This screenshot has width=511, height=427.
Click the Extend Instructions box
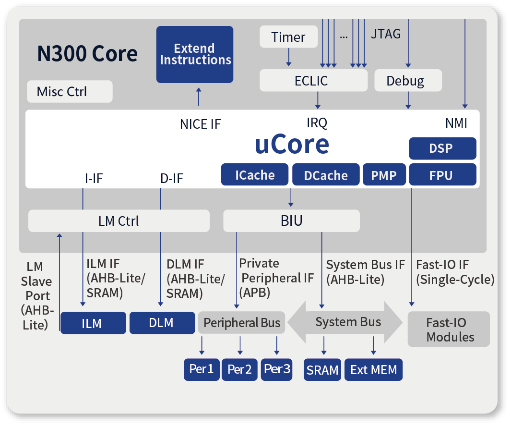point(194,54)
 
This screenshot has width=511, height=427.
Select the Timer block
point(288,37)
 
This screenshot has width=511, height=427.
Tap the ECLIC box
point(313,80)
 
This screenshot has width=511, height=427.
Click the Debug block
point(408,80)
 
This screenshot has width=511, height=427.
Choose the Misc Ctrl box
point(70,91)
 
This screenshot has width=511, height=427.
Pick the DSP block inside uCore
point(442,148)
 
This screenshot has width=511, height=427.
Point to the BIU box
point(291,221)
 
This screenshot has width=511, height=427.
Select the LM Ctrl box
point(119,221)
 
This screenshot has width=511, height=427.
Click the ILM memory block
point(93,323)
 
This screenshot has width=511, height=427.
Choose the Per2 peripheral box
point(239,369)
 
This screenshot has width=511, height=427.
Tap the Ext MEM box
point(373,369)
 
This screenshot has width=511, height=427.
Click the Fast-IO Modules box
point(449,329)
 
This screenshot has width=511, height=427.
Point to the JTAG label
point(386,34)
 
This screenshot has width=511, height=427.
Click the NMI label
point(456,123)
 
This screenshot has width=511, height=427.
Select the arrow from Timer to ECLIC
point(288,57)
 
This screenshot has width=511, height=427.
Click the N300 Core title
point(87,53)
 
